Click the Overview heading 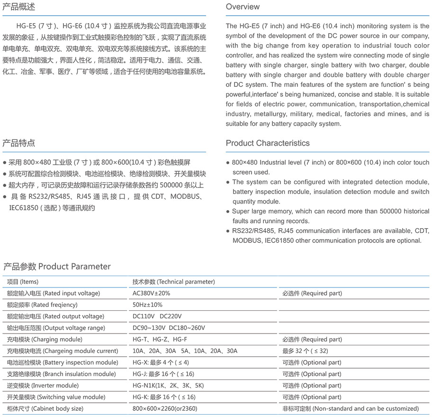243,7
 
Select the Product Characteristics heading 268,143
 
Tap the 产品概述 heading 19,7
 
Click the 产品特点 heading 19,143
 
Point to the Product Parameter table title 57,266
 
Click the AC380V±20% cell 151,293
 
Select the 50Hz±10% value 147,305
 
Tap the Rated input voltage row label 53,293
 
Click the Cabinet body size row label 45,408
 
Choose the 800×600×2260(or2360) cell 165,408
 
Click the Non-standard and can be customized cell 351,408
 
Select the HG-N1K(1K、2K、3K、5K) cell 168,386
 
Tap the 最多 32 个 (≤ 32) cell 305,351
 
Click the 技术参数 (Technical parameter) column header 173,282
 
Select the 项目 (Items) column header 23,282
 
